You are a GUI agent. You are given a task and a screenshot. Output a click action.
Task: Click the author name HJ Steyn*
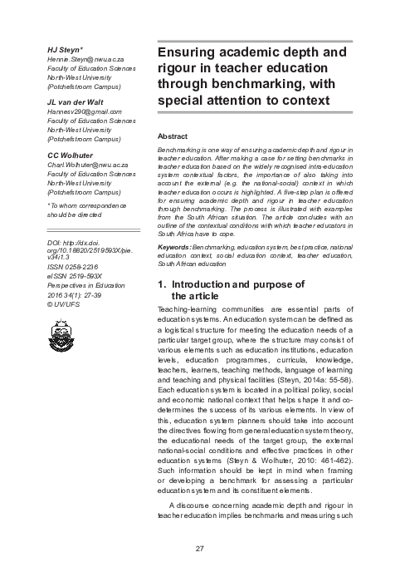click(x=63, y=49)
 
